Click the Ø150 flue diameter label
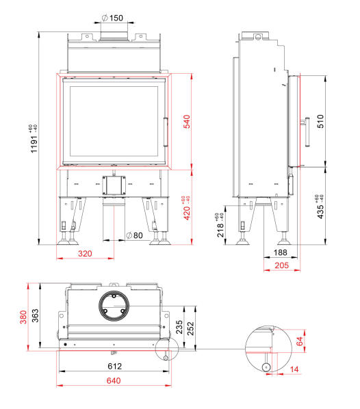(x=112, y=18)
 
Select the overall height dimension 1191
(x=34, y=142)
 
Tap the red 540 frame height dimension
(x=187, y=122)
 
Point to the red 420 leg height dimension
(x=187, y=213)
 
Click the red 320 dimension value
(x=85, y=254)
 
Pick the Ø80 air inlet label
(x=134, y=235)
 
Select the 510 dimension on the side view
(x=320, y=121)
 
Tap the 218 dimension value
(x=220, y=230)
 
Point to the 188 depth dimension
(x=281, y=252)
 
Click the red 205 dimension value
(x=282, y=265)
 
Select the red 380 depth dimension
(x=23, y=317)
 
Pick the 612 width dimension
(x=114, y=366)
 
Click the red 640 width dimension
(x=114, y=380)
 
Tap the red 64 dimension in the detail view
(x=300, y=341)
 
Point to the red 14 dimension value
(x=294, y=369)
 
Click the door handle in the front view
(x=166, y=132)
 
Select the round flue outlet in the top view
(x=114, y=306)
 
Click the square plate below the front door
(x=114, y=185)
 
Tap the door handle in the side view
(x=306, y=132)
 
